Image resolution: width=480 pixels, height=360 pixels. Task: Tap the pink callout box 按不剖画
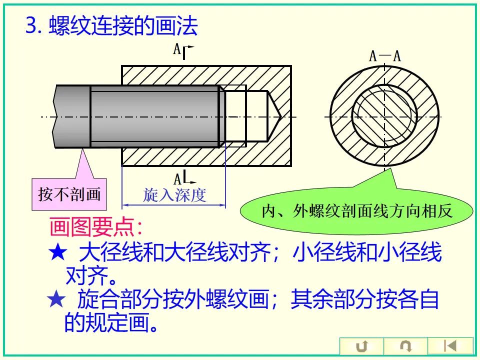click(69, 193)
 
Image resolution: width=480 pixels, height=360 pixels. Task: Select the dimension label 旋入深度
click(174, 194)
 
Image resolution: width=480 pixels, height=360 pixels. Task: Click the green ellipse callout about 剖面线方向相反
click(357, 210)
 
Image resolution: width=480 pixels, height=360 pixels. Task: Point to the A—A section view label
click(384, 55)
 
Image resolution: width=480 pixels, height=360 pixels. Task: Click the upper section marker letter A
click(176, 49)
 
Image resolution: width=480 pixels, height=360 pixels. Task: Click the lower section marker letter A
click(177, 178)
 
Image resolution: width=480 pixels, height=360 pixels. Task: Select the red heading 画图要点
click(95, 227)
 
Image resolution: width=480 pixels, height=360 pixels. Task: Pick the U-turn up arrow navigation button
click(361, 346)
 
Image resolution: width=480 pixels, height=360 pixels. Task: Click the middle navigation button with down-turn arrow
click(405, 346)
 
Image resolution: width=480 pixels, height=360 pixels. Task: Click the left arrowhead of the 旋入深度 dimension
click(125, 204)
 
